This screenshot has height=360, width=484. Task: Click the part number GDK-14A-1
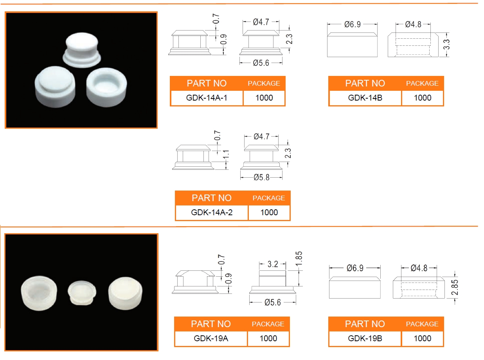click(x=207, y=97)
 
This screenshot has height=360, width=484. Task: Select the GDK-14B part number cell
click(x=365, y=97)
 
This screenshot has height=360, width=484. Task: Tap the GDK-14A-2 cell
click(x=212, y=212)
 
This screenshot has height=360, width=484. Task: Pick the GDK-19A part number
click(x=211, y=338)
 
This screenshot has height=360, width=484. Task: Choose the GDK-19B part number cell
click(x=365, y=338)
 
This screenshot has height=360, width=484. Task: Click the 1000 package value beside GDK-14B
click(x=423, y=97)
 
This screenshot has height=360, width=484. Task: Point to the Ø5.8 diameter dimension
click(x=261, y=177)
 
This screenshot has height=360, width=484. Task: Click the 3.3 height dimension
click(x=446, y=44)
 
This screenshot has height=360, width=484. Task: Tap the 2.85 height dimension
click(x=455, y=287)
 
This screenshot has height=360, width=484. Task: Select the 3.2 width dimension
click(x=273, y=264)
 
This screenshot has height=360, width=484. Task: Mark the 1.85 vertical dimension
click(x=299, y=259)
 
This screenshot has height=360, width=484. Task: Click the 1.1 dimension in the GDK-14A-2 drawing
click(x=226, y=154)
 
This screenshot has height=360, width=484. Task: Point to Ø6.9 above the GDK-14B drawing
click(x=353, y=24)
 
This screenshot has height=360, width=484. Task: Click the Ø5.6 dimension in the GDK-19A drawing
click(x=273, y=302)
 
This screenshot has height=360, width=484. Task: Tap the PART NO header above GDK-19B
click(x=365, y=324)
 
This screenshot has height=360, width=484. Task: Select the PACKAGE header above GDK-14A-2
click(x=269, y=198)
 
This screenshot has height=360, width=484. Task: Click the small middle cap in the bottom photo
click(x=82, y=293)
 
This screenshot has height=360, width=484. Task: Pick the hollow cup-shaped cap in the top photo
click(x=106, y=87)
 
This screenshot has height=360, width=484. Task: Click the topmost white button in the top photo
click(x=82, y=50)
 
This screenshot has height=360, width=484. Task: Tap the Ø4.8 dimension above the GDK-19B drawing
click(x=419, y=268)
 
